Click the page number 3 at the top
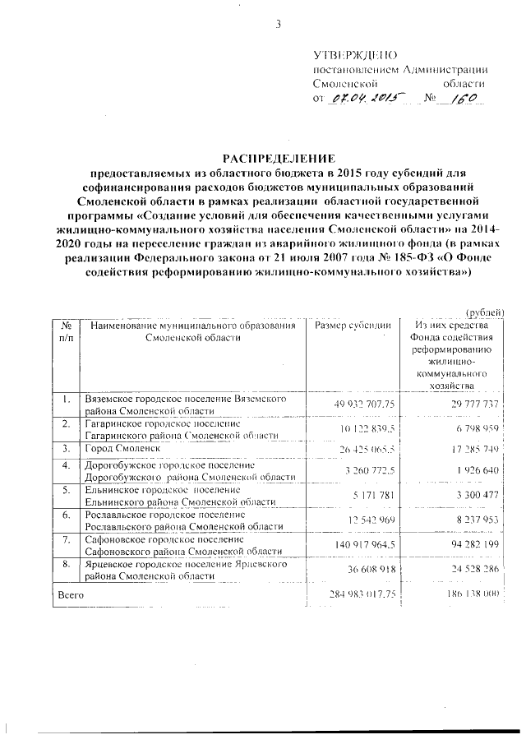coord(278,24)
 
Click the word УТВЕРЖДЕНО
coord(349,54)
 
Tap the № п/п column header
coord(65,332)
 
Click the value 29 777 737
coord(470,404)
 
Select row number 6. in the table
coord(65,515)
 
